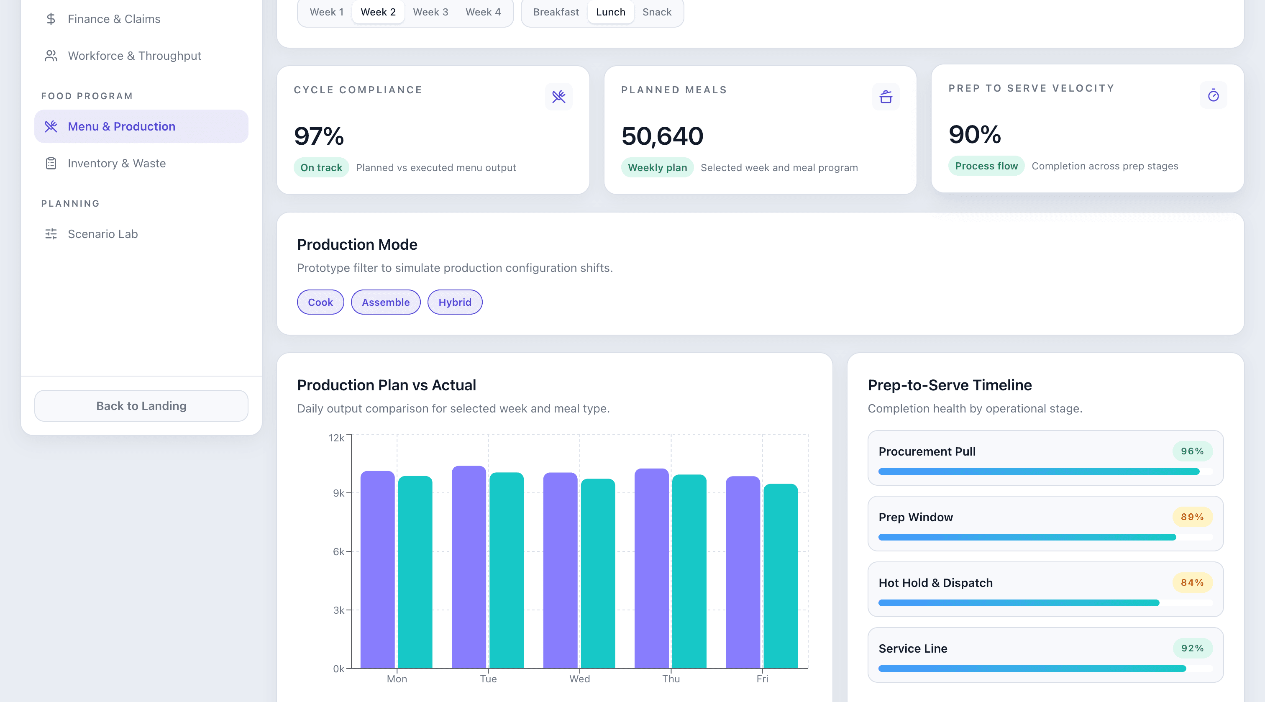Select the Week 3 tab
coord(430,12)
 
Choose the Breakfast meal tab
coord(556,12)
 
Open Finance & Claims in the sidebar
coord(113,19)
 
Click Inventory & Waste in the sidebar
coord(116,163)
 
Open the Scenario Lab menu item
coord(102,234)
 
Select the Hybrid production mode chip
coord(454,302)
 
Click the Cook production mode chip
coord(320,302)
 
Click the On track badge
coord(321,167)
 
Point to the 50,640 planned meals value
coord(661,136)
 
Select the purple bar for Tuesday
coord(468,567)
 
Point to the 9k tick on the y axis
coord(338,493)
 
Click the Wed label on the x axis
coord(579,679)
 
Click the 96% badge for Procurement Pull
coord(1191,451)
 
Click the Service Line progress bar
coord(1031,668)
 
